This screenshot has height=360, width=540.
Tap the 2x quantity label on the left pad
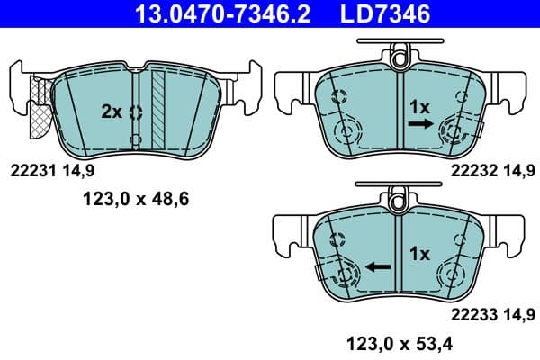click(x=112, y=112)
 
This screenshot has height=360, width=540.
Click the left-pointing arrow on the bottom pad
click(x=378, y=267)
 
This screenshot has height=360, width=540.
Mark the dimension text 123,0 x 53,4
click(x=397, y=341)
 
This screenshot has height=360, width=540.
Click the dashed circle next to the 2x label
click(x=137, y=112)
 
